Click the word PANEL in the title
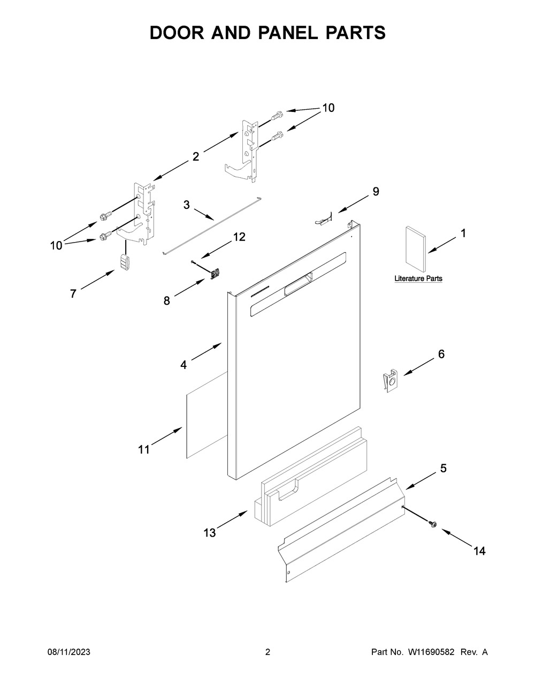coord(288,33)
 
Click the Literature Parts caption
coord(418,278)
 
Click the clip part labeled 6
coord(391,380)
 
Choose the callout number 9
coord(376,192)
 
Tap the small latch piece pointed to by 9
coord(324,219)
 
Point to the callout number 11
coord(143,450)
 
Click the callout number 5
coord(444,468)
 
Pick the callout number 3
coord(187,205)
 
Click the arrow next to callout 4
coord(206,351)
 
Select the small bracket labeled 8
coord(215,274)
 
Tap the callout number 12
coord(240,237)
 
